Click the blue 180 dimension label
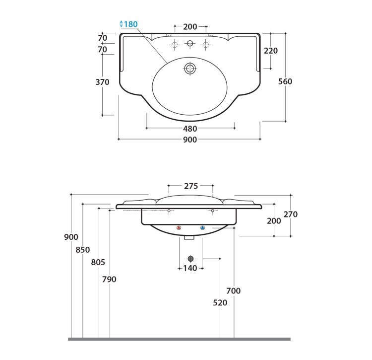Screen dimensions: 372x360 pos(131,24)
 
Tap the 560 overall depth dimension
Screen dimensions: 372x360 pos(285,81)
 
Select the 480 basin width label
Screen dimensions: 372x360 pos(190,129)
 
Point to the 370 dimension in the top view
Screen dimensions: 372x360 pos(102,82)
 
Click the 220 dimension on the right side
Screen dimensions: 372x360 pos(271,51)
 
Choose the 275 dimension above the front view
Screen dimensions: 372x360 pos(191,186)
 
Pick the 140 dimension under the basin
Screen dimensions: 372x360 pos(190,268)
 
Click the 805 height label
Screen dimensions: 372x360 pos(98,262)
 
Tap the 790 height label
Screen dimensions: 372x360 pos(109,279)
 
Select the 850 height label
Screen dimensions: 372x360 pos(83,250)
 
